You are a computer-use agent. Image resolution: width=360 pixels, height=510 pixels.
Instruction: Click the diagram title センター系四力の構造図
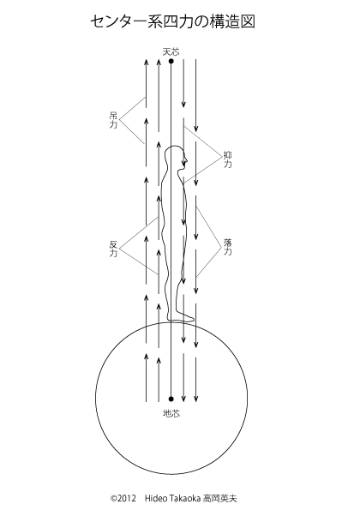[x=172, y=22]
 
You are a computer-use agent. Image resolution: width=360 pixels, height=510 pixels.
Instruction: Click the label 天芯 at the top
[x=171, y=51]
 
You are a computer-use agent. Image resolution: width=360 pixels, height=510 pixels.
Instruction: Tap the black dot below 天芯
[x=171, y=61]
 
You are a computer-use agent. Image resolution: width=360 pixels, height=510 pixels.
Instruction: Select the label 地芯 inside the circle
[x=171, y=413]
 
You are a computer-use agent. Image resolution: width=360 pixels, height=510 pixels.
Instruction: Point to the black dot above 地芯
[x=171, y=399]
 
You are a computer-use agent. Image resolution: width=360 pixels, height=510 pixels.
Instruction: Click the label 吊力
[x=113, y=120]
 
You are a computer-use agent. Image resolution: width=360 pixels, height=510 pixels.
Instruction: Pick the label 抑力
[x=228, y=159]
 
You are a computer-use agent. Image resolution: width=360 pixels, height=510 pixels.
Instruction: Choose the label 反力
[x=113, y=249]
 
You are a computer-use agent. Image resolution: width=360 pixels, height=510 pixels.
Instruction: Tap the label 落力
[x=228, y=247]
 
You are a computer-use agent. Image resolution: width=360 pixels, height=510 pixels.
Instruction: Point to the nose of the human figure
[x=187, y=160]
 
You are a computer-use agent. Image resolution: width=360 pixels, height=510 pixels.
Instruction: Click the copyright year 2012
[x=125, y=499]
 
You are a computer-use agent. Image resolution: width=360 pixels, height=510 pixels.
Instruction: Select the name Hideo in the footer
[x=153, y=499]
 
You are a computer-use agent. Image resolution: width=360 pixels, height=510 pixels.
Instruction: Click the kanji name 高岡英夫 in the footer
[x=219, y=499]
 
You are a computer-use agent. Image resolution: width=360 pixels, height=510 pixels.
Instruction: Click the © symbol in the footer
[x=113, y=499]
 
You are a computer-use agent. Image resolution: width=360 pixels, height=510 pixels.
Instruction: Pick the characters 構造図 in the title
[x=232, y=22]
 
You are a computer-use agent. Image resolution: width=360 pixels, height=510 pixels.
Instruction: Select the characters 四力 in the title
[x=178, y=22]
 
